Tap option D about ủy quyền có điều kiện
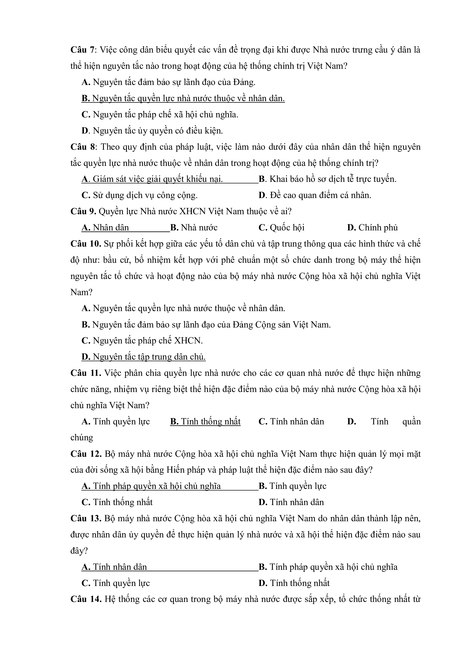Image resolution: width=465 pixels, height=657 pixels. pyautogui.click(x=152, y=131)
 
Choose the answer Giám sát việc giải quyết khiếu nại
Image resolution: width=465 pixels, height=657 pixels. pyautogui.click(x=152, y=179)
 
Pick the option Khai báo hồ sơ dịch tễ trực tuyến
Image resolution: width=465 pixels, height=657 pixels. pyautogui.click(x=327, y=179)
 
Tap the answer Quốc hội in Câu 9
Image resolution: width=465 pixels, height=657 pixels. pyautogui.click(x=281, y=228)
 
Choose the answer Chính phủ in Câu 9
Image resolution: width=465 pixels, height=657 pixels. pyautogui.click(x=372, y=228)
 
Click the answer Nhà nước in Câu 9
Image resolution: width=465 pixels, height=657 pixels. pyautogui.click(x=194, y=228)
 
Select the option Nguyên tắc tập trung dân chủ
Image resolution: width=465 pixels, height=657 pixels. pyautogui.click(x=144, y=357)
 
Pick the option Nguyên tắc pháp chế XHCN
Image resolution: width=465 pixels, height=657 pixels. pyautogui.click(x=142, y=341)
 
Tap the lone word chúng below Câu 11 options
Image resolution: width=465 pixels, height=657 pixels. pyautogui.click(x=82, y=438)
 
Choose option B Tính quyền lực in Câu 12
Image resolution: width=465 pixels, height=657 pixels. pyautogui.click(x=292, y=486)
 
